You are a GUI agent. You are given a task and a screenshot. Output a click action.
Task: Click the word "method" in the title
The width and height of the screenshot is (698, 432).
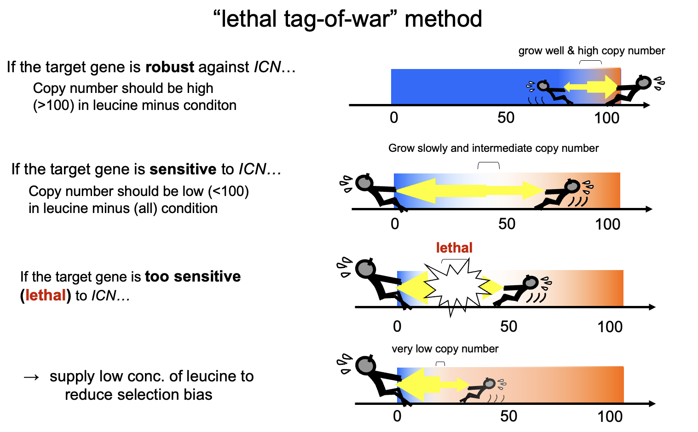pos(443,19)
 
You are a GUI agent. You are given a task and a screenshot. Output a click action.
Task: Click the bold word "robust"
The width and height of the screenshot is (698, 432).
pos(169,67)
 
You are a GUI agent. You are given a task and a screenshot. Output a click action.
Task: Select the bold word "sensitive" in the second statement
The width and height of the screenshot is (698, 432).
pos(183,169)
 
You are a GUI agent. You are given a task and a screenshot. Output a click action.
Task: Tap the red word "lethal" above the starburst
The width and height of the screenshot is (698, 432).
pos(454,248)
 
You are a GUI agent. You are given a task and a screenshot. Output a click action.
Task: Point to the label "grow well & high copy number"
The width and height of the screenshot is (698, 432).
pos(591,51)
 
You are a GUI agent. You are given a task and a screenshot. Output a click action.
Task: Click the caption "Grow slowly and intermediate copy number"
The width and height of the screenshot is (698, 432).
pos(493,148)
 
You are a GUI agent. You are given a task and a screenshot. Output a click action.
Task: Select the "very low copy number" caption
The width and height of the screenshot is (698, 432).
pos(445,349)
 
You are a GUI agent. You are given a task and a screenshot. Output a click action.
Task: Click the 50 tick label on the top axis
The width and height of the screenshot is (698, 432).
pos(506,118)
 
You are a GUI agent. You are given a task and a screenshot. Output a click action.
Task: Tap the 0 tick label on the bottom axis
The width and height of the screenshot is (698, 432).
pos(397,416)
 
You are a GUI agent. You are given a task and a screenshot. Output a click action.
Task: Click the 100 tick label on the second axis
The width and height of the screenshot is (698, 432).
pos(607,224)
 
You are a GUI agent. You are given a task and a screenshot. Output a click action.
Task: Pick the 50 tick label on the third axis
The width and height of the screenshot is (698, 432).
pos(508,326)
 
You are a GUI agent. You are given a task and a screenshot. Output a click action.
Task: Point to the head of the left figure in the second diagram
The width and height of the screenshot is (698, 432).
pos(364,182)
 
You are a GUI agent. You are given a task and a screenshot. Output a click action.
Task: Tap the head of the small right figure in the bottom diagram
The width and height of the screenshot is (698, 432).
pos(489,383)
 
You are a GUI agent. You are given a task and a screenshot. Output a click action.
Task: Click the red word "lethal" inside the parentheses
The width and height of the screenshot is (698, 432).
pos(46,295)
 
